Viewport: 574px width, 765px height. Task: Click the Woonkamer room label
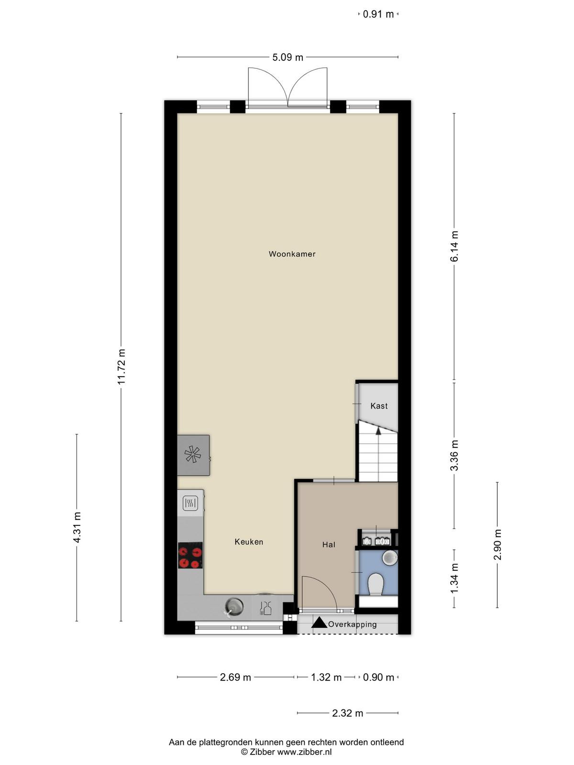pyautogui.click(x=292, y=254)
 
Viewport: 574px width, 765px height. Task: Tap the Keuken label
pyautogui.click(x=249, y=542)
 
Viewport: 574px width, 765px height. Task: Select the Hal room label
pyautogui.click(x=329, y=545)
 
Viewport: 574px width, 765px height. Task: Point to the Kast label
pyautogui.click(x=379, y=406)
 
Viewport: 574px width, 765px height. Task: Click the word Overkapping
pyautogui.click(x=353, y=624)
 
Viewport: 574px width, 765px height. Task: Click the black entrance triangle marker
pyautogui.click(x=319, y=623)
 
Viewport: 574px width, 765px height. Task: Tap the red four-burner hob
pyautogui.click(x=190, y=555)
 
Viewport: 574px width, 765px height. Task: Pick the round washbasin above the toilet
pyautogui.click(x=390, y=557)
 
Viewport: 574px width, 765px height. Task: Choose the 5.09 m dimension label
pyautogui.click(x=287, y=57)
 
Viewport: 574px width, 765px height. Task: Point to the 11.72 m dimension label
pyautogui.click(x=121, y=367)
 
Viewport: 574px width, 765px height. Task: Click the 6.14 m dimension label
pyautogui.click(x=454, y=246)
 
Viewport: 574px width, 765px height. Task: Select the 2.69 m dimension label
pyautogui.click(x=235, y=677)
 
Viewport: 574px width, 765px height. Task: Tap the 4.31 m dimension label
pyautogui.click(x=77, y=527)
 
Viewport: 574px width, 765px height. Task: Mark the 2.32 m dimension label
pyautogui.click(x=347, y=713)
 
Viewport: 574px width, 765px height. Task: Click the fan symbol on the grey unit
pyautogui.click(x=193, y=455)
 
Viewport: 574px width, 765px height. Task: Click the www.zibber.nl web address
pyautogui.click(x=304, y=752)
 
